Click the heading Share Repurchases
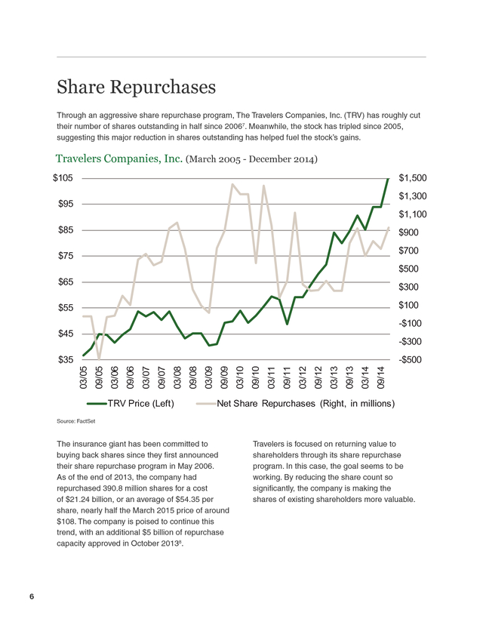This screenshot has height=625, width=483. [137, 88]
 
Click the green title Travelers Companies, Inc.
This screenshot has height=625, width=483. [119, 159]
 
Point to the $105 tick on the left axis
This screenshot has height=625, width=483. [63, 178]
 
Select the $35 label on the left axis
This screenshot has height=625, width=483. [66, 359]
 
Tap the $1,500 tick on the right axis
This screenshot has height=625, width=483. [413, 178]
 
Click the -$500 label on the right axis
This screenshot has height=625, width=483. [410, 359]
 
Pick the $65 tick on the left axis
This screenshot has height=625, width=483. [66, 282]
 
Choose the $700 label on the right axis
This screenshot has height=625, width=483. [408, 251]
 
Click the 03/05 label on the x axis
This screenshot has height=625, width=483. [84, 377]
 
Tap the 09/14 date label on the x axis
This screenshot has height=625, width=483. [381, 377]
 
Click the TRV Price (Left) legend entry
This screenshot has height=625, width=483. [131, 404]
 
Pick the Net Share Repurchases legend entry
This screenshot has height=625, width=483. [295, 404]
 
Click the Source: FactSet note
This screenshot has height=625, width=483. [75, 421]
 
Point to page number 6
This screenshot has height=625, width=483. [32, 596]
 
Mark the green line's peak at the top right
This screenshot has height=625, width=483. [388, 179]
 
